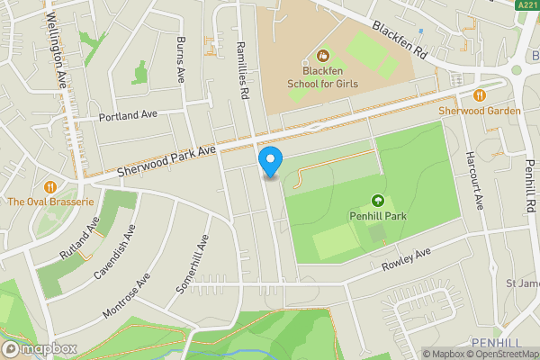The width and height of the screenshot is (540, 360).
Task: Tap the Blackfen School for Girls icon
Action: tap(311, 56)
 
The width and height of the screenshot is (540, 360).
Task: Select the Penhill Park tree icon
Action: tap(377, 201)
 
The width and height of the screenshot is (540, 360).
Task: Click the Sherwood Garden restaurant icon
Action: tap(480, 94)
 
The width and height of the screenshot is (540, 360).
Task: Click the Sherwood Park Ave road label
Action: tap(166, 161)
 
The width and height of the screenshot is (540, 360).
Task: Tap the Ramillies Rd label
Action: tap(241, 68)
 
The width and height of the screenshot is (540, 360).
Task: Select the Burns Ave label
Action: tap(180, 58)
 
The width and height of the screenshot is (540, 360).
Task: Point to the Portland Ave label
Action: tap(128, 115)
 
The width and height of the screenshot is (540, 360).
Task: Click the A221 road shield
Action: tap(527, 5)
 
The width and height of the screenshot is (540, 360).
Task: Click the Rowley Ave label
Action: tap(406, 259)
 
